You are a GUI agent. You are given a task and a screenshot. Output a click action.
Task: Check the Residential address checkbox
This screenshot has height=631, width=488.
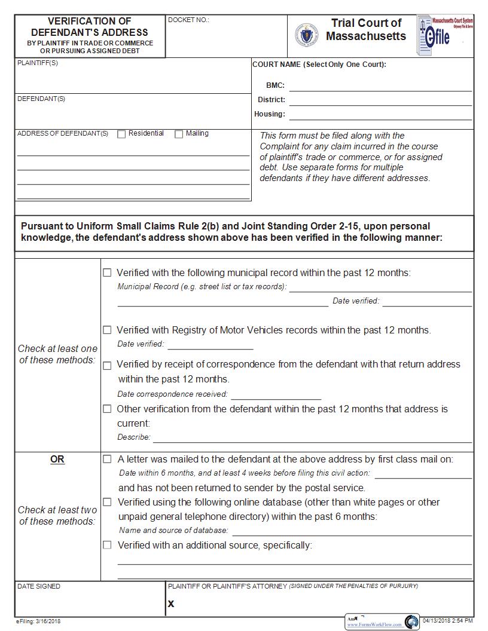[121, 134]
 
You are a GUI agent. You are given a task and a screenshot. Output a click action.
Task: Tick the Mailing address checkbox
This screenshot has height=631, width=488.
[179, 134]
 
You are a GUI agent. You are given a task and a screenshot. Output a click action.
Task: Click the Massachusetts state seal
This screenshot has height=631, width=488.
[306, 35]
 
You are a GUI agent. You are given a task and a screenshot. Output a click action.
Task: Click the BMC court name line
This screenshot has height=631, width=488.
[380, 86]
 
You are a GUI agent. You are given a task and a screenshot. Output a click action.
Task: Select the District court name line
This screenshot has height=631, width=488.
[380, 100]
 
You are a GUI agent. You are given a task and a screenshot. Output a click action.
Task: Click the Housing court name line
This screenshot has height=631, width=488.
[380, 115]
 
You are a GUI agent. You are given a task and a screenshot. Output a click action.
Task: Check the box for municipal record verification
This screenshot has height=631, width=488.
[107, 272]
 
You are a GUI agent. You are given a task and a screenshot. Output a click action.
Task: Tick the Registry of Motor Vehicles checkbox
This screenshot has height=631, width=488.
[107, 330]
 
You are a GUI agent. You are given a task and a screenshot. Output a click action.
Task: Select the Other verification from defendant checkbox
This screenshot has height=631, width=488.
[107, 409]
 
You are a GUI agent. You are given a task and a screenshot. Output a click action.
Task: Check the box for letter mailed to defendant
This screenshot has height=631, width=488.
[107, 460]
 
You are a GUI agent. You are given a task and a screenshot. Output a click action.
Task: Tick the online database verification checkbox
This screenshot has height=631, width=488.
[107, 502]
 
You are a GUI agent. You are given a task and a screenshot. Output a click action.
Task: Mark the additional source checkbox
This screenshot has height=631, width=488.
[107, 545]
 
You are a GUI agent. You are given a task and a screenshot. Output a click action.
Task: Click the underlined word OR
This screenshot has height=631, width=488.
[57, 460]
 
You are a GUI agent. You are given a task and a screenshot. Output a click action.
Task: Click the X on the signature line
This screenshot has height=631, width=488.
[171, 604]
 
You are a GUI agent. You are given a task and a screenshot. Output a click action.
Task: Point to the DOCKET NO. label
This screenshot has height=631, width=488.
[188, 20]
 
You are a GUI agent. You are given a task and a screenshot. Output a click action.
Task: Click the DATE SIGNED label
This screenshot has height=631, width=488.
[39, 587]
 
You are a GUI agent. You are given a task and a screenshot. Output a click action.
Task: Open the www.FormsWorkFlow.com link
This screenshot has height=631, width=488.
[375, 624]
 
